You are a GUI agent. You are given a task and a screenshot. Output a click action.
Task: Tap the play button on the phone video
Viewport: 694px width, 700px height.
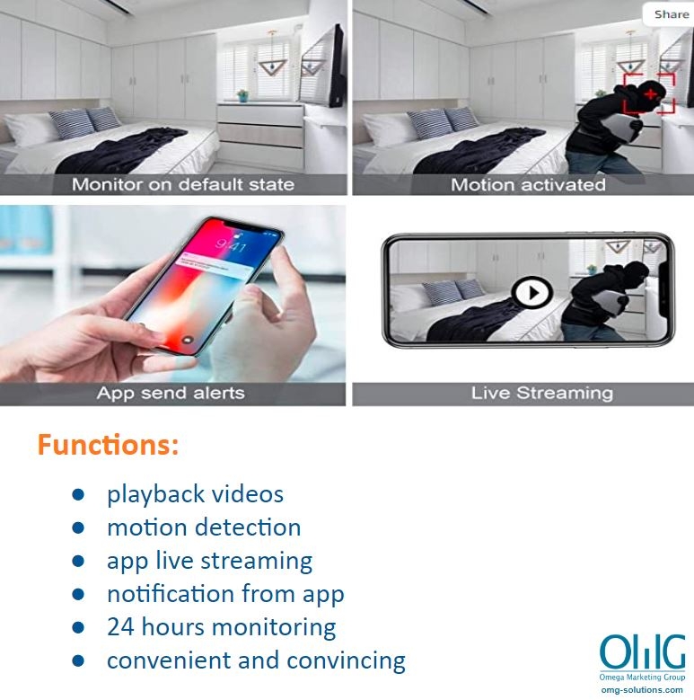531,293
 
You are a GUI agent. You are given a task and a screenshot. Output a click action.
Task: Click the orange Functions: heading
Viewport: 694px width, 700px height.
108,445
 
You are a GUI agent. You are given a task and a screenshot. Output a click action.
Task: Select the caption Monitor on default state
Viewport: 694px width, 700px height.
183,184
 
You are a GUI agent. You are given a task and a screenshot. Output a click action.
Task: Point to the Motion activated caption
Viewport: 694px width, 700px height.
528,184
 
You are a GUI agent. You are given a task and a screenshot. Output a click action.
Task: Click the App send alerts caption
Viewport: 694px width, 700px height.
171,394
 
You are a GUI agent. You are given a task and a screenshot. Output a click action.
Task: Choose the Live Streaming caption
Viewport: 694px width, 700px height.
542,394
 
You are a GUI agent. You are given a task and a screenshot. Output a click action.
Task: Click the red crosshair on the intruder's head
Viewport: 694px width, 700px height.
650,94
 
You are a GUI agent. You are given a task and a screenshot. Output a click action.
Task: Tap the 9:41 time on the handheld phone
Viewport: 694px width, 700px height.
231,245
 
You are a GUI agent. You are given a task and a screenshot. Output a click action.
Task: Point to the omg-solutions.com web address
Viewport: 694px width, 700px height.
642,690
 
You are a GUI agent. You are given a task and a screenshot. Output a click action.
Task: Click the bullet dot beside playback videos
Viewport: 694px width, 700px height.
78,494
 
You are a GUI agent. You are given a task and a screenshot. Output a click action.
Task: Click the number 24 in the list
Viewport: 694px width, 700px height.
120,627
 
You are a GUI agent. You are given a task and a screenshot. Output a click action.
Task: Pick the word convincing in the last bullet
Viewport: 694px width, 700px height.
347,661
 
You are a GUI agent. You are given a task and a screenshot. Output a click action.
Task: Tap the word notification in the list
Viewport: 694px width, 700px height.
171,594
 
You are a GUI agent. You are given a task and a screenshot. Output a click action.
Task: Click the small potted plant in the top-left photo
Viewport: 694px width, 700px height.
242,95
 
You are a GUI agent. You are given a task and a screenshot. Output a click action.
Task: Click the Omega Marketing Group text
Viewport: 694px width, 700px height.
642,678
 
